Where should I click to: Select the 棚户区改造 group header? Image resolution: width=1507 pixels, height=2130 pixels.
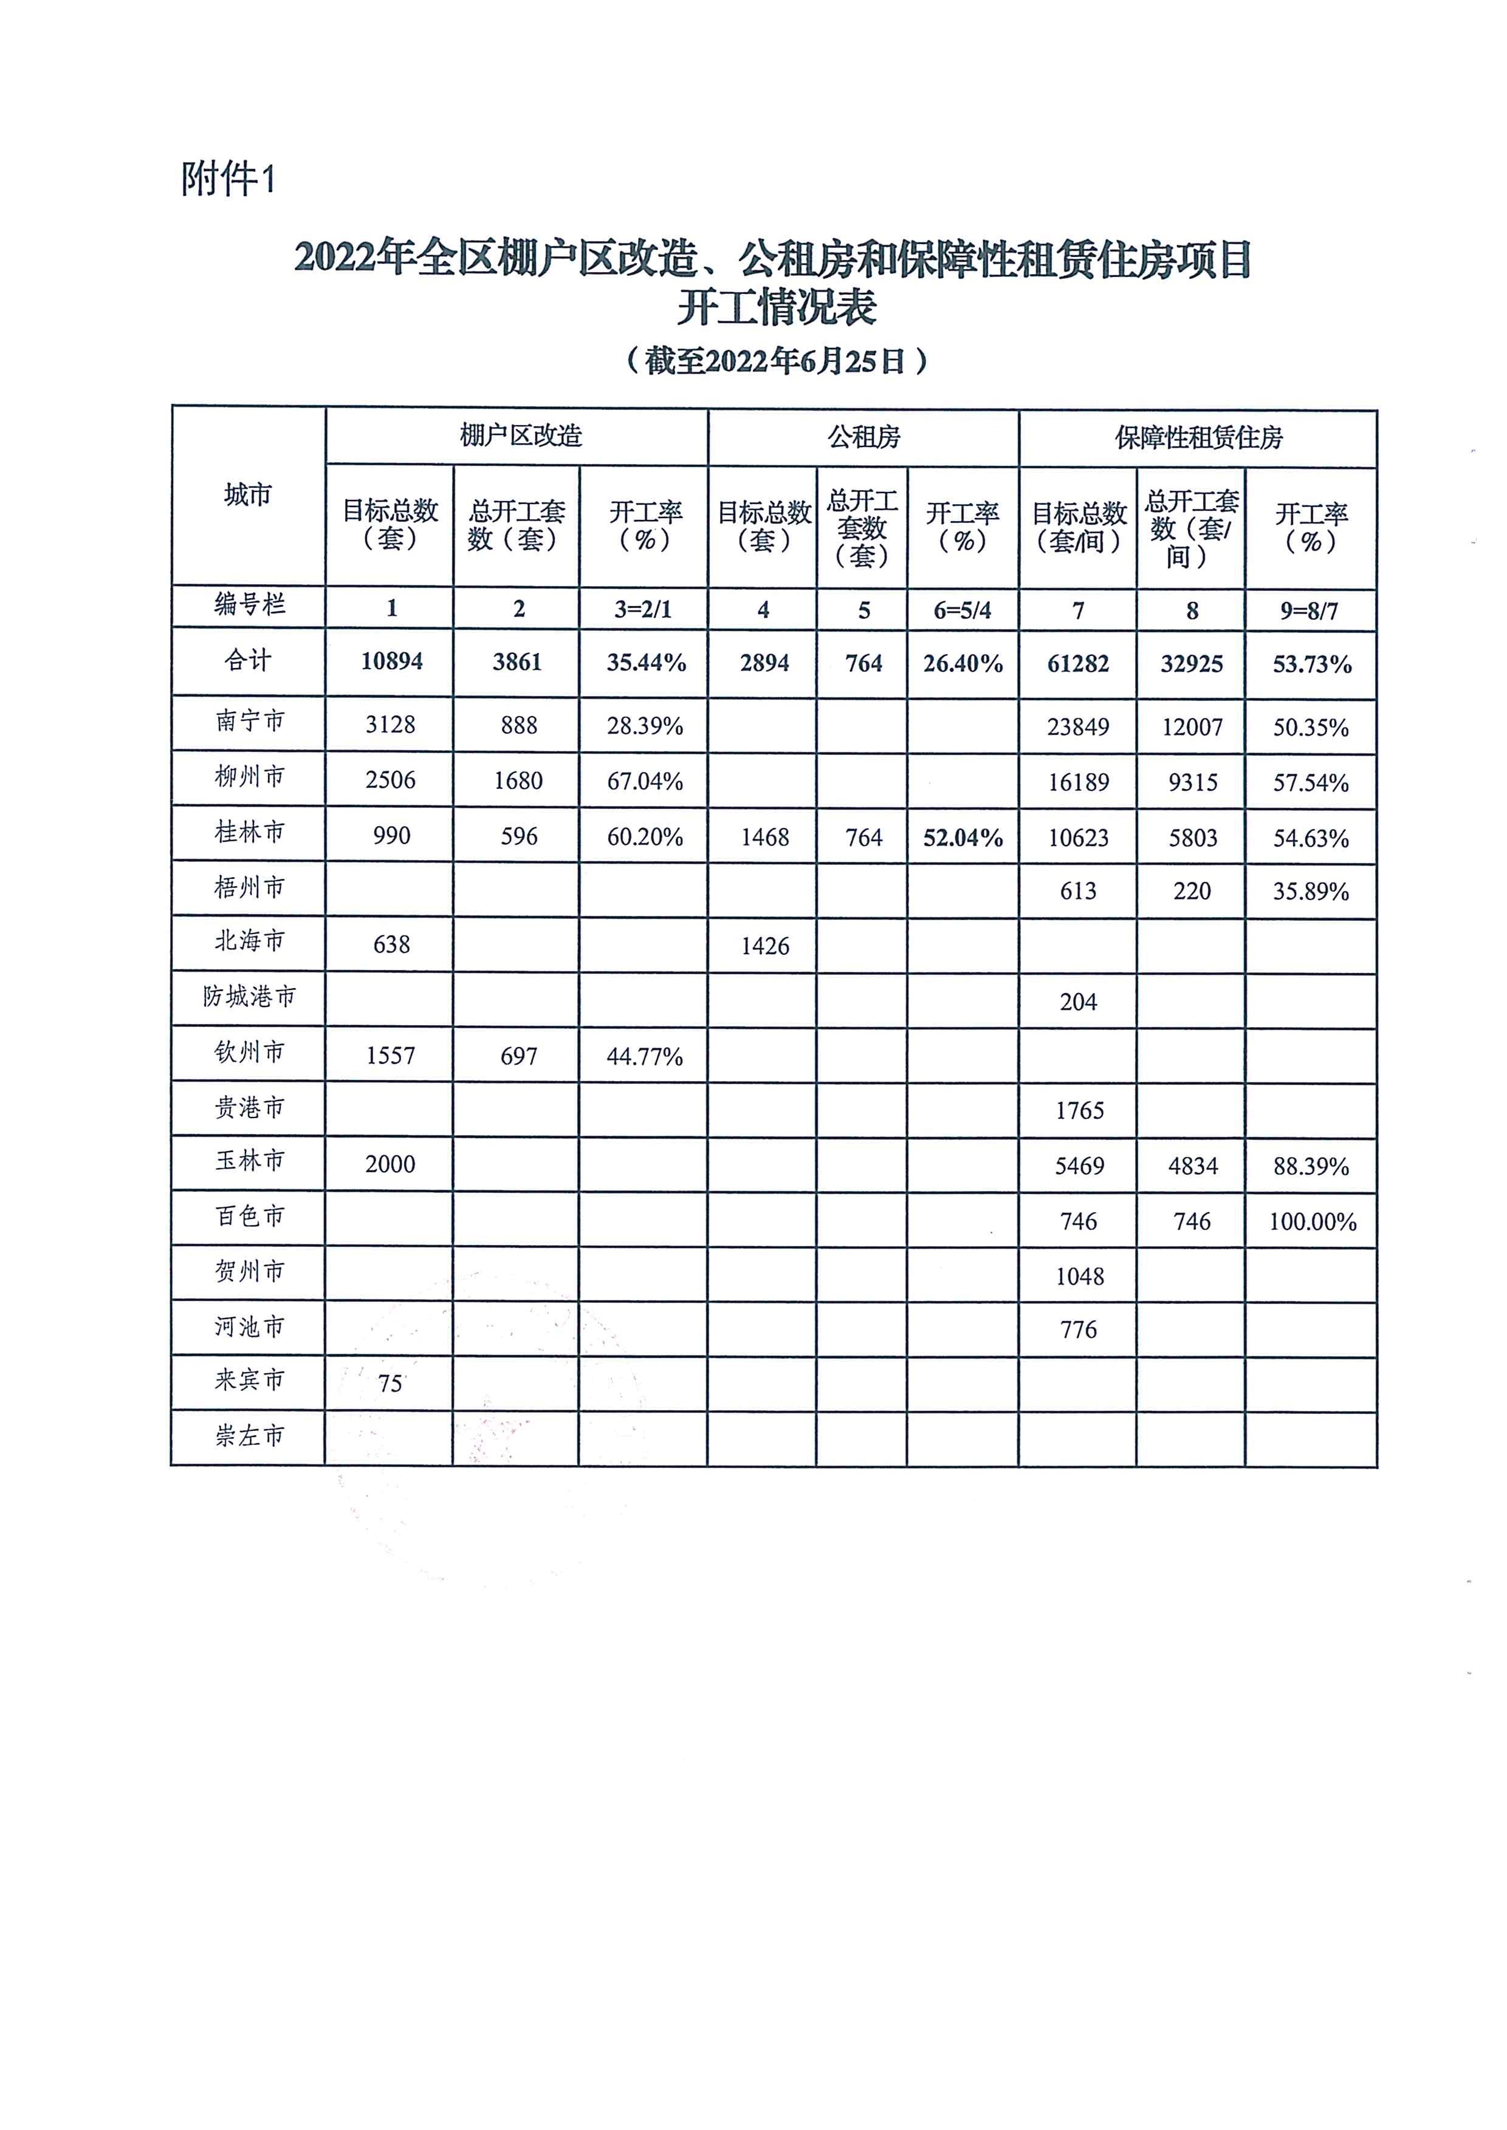pos(521,436)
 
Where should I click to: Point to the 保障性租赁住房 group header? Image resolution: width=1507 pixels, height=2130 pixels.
pos(1198,438)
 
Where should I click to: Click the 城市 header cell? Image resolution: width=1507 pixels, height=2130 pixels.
pos(248,494)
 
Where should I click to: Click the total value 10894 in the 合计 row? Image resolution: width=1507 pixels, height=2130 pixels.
pos(391,661)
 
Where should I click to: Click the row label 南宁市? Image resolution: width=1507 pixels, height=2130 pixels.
pos(249,721)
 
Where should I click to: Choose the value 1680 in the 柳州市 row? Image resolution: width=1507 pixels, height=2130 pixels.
pos(518,781)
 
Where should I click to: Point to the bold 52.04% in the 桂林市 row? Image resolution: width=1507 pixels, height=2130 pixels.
pos(963,838)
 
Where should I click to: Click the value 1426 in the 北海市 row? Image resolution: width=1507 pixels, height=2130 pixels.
pos(764,946)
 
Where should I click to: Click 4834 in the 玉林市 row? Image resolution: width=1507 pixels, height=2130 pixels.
pos(1192,1166)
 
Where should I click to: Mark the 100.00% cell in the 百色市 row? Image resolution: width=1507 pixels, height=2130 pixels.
pos(1312,1222)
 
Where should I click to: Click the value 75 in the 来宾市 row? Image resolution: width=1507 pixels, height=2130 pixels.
pos(390,1383)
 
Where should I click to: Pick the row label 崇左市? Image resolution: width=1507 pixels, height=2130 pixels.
pos(249,1436)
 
